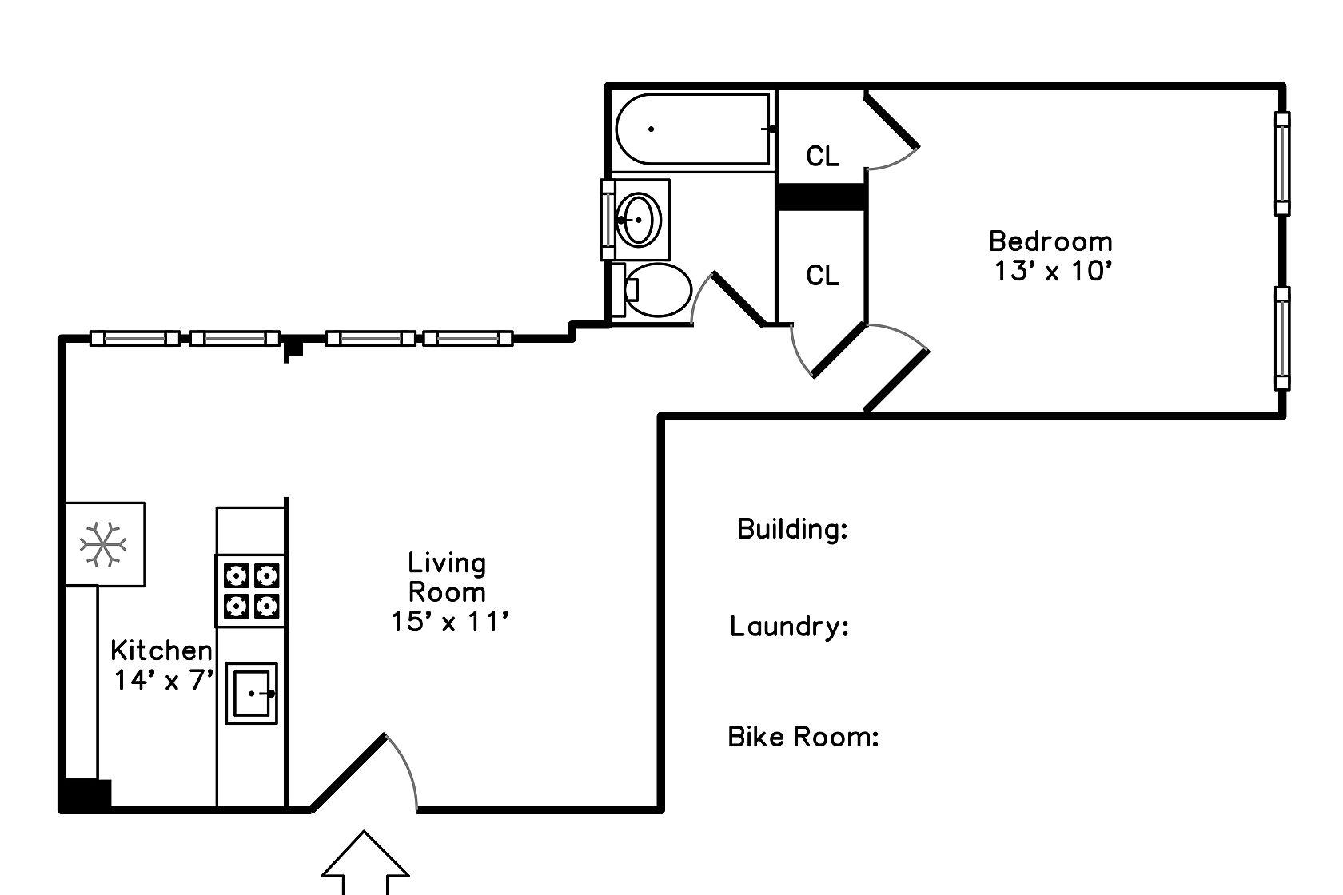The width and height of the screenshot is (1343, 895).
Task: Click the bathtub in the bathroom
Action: click(x=693, y=129)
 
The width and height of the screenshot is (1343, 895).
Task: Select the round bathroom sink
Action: click(x=640, y=220)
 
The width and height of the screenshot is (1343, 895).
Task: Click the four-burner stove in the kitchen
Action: click(x=251, y=591)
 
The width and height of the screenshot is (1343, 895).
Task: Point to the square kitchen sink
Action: click(x=252, y=693)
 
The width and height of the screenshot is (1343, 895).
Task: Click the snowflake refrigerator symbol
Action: click(x=103, y=544)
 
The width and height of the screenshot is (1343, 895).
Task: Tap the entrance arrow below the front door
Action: click(x=365, y=862)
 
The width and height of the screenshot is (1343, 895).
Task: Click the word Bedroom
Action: click(x=1050, y=241)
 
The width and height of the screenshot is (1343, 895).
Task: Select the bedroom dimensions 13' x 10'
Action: click(x=1054, y=271)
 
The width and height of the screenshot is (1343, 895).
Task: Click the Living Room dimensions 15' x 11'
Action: click(x=449, y=622)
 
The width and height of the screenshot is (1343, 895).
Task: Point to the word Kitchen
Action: click(x=161, y=650)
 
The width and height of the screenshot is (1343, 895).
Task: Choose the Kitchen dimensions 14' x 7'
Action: click(x=164, y=680)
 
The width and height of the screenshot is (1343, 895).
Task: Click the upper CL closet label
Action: click(x=823, y=157)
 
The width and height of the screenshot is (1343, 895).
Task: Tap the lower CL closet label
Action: click(x=823, y=276)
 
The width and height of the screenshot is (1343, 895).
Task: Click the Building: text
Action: click(x=792, y=529)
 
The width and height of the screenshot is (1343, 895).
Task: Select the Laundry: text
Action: click(x=789, y=626)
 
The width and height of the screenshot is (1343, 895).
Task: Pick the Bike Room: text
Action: click(x=803, y=737)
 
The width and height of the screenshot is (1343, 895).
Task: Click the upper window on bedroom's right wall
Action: click(x=1282, y=164)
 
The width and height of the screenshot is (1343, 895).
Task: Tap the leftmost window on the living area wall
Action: click(x=135, y=339)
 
